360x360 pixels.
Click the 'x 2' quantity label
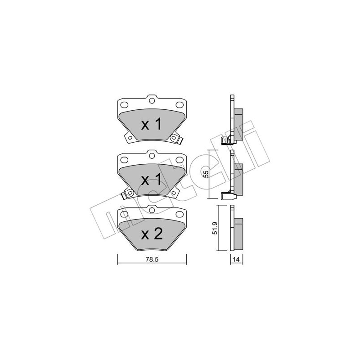[152, 234]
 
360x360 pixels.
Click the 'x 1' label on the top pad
[152, 125]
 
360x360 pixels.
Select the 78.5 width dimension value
[152, 260]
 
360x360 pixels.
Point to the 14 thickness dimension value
[236, 260]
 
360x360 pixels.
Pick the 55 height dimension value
[206, 174]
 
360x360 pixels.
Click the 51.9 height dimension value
[215, 228]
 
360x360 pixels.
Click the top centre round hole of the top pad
[152, 100]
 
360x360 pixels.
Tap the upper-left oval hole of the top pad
[124, 105]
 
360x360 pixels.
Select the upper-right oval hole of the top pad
[179, 105]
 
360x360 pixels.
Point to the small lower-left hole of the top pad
[130, 138]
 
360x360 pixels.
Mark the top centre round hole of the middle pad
[152, 156]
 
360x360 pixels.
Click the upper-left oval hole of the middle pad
[124, 160]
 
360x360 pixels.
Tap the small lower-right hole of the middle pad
[174, 193]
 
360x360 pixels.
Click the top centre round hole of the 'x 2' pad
[152, 210]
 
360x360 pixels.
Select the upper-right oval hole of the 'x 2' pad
[179, 215]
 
